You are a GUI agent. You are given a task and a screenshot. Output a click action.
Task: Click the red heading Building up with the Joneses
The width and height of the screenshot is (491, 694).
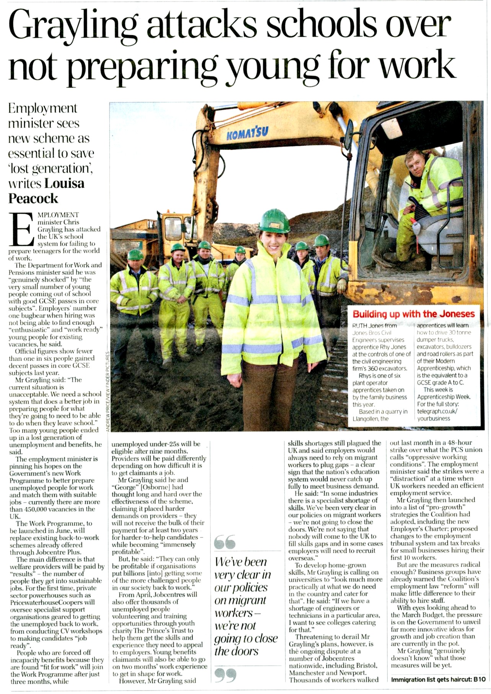pos(413,314)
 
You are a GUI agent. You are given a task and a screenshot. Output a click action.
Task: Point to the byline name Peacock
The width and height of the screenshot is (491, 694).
pos(33,198)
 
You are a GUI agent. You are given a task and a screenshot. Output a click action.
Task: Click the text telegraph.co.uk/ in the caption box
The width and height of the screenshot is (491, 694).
pos(437,411)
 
